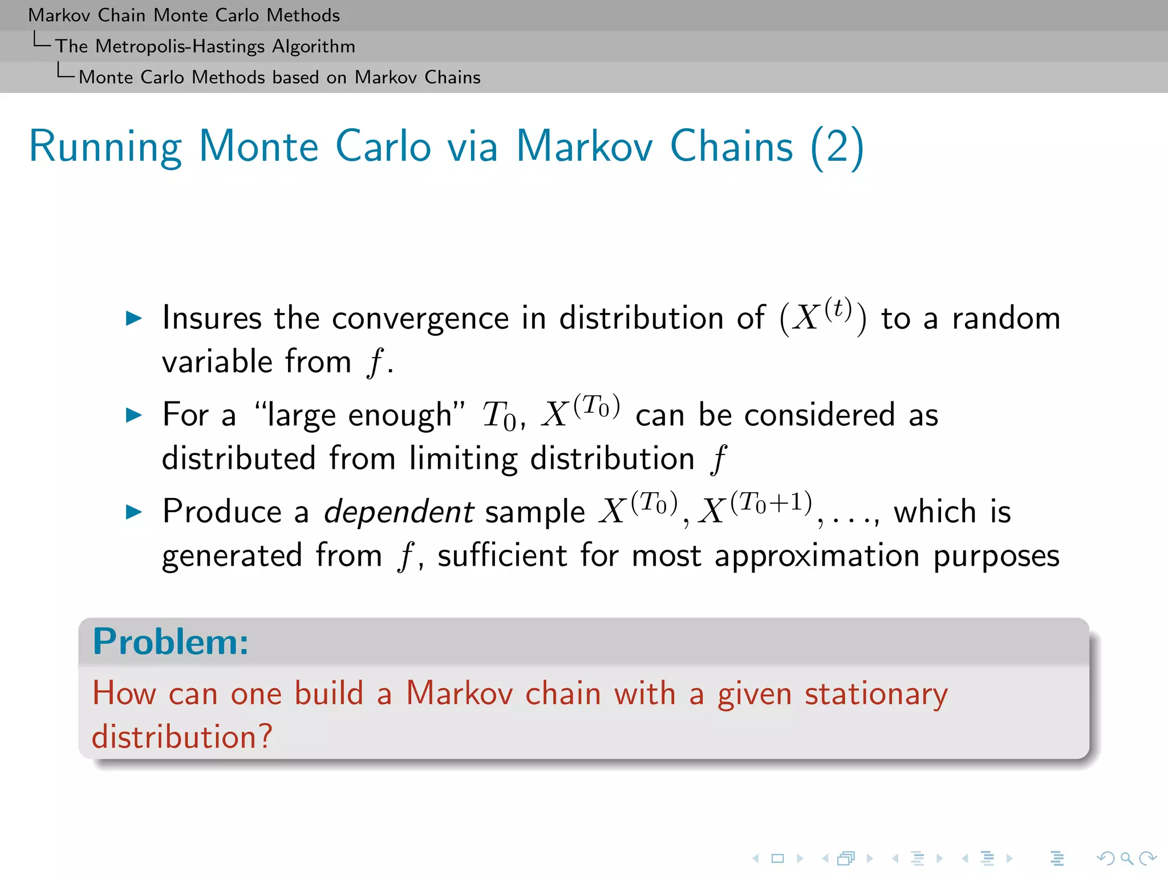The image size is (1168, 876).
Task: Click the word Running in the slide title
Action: [106, 147]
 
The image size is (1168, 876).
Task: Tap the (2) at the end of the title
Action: [837, 147]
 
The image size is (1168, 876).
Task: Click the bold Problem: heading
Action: [171, 642]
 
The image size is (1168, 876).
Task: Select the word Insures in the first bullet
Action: [212, 318]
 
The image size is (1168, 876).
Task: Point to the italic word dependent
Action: [399, 512]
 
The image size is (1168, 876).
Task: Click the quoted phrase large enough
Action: [359, 415]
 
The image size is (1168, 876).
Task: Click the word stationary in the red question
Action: [876, 694]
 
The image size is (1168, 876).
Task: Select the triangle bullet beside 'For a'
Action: [133, 415]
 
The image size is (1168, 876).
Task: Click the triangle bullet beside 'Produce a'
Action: [133, 512]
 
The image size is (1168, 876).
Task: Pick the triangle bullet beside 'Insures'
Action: [133, 318]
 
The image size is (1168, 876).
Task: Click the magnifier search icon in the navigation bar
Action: [1126, 858]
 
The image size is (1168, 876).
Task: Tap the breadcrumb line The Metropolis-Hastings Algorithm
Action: [205, 46]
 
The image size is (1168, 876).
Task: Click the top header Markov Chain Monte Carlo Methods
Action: [184, 15]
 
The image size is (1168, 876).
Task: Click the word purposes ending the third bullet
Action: [996, 556]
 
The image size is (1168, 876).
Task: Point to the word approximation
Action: [817, 556]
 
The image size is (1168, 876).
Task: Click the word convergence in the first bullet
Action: [420, 318]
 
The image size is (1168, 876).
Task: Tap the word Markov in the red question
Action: [459, 693]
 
